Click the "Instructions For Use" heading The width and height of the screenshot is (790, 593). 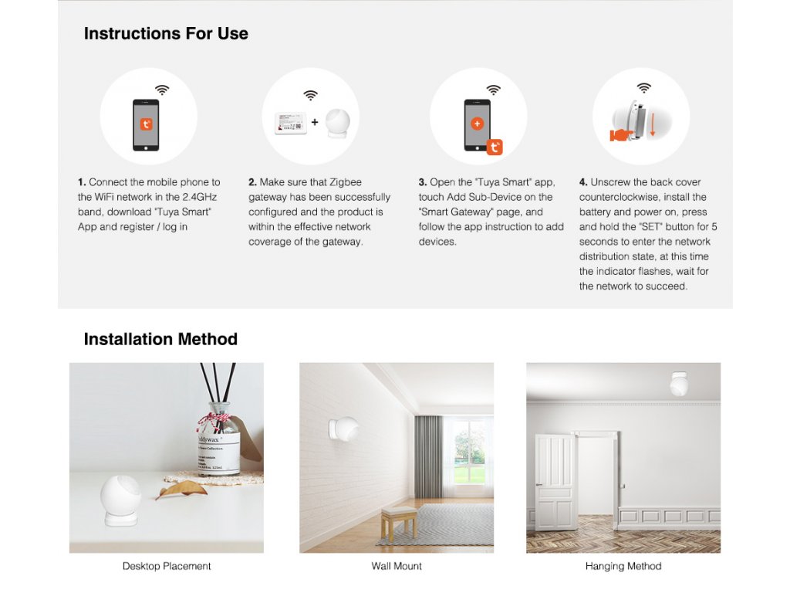[x=166, y=33]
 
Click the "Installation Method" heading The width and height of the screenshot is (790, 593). [x=160, y=339]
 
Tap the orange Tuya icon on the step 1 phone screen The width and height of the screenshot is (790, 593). [x=146, y=124]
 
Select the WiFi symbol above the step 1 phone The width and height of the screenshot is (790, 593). [x=162, y=90]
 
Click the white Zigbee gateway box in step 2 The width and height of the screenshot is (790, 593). [x=290, y=123]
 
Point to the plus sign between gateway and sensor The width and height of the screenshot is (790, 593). [x=315, y=122]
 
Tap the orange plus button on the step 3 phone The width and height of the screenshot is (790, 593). [x=477, y=124]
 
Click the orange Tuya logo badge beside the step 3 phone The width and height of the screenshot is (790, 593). [x=495, y=147]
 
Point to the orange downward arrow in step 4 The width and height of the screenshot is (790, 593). [x=653, y=125]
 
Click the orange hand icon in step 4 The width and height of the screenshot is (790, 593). [x=621, y=135]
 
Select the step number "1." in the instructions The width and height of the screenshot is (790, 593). [x=82, y=182]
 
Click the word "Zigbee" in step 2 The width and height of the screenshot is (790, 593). [x=345, y=182]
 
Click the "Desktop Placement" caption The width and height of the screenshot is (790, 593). [x=167, y=566]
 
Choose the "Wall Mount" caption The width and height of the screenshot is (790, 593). [x=397, y=566]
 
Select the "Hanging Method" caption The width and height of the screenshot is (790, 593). [x=623, y=566]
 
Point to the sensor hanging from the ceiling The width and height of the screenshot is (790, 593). [x=679, y=385]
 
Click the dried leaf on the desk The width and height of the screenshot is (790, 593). [x=181, y=490]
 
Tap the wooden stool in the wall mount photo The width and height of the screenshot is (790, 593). [x=400, y=523]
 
